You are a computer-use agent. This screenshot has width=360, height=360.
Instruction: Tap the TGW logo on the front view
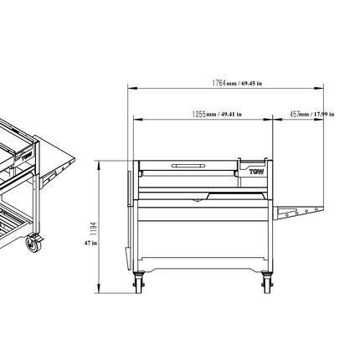pyautogui.click(x=255, y=171)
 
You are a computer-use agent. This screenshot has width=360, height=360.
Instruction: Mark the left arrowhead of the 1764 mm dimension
pyautogui.click(x=130, y=86)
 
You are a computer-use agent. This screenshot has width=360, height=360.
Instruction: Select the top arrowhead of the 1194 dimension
pyautogui.click(x=99, y=161)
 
